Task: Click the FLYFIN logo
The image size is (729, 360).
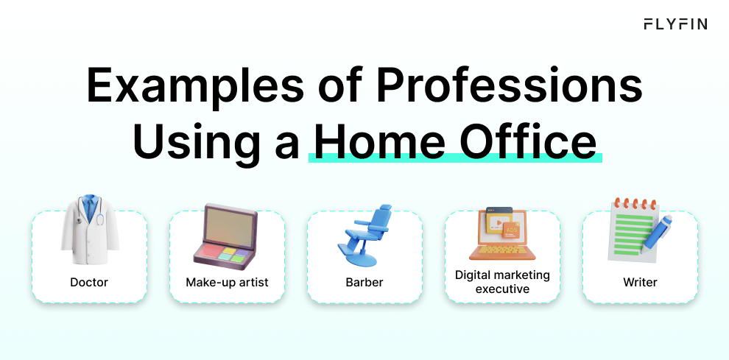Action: [675, 24]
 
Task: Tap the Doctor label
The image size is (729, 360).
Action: [89, 282]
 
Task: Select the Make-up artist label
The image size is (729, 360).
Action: [227, 282]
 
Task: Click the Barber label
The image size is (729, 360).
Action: [364, 282]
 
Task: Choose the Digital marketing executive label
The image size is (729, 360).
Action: [502, 282]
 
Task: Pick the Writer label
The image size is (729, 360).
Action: [640, 282]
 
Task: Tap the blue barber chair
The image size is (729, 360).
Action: [365, 236]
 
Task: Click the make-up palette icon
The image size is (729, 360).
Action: [226, 234]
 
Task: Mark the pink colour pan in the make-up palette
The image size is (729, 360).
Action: [212, 251]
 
